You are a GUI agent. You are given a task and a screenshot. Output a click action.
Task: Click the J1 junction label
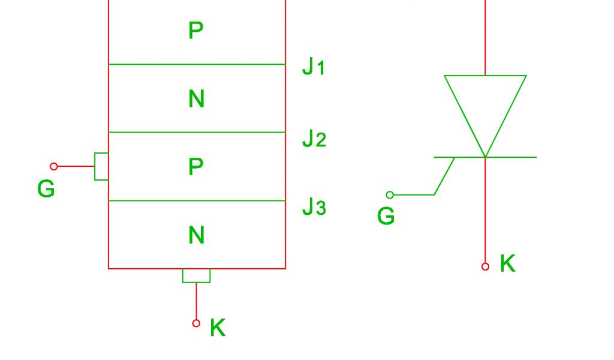[313, 67]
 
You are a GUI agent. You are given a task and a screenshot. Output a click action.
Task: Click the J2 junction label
[314, 139]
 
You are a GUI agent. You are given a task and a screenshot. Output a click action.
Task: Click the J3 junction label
[314, 207]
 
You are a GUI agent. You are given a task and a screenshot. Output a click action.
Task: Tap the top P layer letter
[196, 31]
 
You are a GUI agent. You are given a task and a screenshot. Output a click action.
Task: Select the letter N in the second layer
[196, 98]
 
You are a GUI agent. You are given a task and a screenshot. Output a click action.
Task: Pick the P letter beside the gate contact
[196, 167]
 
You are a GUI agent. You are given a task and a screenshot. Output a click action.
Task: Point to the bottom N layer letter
[196, 235]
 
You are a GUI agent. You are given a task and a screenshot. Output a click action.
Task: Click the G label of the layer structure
[46, 190]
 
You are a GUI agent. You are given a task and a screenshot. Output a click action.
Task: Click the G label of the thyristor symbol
[386, 216]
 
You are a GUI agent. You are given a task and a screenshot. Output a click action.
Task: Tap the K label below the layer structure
[218, 328]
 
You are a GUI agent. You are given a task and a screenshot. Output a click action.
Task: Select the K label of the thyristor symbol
[507, 263]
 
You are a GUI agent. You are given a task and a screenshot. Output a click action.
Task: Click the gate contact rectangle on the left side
[101, 166]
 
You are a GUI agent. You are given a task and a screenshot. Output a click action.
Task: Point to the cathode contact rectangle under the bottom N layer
[196, 275]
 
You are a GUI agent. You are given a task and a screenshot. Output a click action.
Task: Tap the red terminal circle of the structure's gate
[54, 166]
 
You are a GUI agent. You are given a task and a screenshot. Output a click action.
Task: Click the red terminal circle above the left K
[196, 323]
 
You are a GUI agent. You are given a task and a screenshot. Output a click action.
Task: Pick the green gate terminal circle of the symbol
[390, 195]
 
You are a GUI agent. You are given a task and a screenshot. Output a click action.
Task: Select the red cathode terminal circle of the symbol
[485, 266]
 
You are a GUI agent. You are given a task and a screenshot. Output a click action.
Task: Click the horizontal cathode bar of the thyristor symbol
[510, 157]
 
